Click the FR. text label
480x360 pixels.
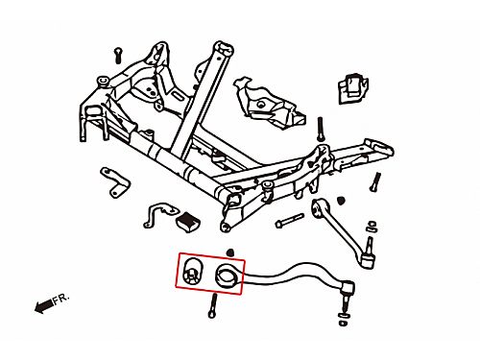[60, 300]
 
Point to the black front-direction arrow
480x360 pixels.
[43, 306]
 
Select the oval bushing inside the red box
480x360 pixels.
[191, 272]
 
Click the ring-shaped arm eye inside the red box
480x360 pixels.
[226, 276]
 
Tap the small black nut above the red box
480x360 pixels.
[229, 252]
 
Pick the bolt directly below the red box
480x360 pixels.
[212, 306]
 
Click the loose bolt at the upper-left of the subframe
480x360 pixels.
[118, 55]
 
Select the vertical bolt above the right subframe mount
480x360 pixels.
[321, 130]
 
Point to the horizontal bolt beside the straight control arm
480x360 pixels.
[289, 221]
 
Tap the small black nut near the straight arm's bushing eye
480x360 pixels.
[342, 201]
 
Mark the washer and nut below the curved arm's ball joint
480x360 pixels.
[344, 320]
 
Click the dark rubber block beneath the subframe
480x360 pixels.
[188, 222]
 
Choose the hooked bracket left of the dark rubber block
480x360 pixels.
[159, 214]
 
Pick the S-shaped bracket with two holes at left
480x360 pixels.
[115, 181]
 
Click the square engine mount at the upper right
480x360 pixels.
[353, 87]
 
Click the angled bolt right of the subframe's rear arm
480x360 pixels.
[375, 182]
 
